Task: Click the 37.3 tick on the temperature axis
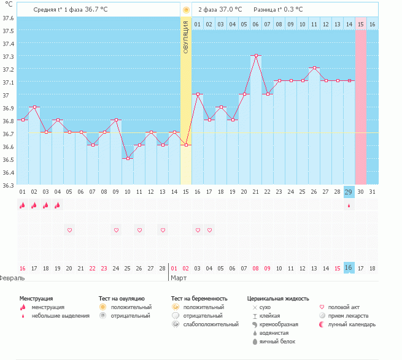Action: click(8, 56)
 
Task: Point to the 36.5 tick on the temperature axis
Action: click(8, 159)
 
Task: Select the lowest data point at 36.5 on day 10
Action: click(128, 159)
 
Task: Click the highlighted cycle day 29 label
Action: click(349, 192)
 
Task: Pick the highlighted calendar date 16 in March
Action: click(349, 268)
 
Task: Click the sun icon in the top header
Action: click(186, 10)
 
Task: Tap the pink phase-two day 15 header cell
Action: click(361, 24)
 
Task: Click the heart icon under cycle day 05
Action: click(69, 230)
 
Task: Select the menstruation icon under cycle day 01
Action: click(23, 205)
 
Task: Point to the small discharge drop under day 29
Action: click(349, 206)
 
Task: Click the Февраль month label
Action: click(12, 278)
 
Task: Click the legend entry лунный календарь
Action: click(351, 324)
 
